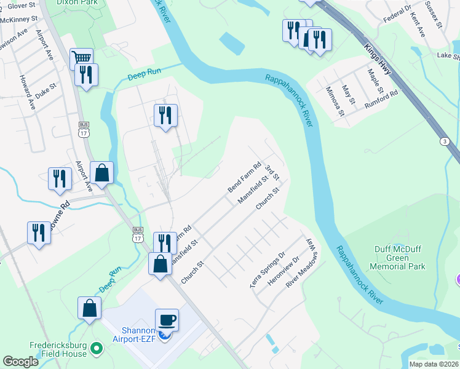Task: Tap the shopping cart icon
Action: coord(81,58)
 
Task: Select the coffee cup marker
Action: coord(167,320)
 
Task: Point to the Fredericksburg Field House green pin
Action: coord(96,349)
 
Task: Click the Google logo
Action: coord(20,361)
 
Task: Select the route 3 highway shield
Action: coord(444,141)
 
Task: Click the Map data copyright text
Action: coord(433,364)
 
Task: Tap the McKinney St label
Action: coord(17,18)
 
